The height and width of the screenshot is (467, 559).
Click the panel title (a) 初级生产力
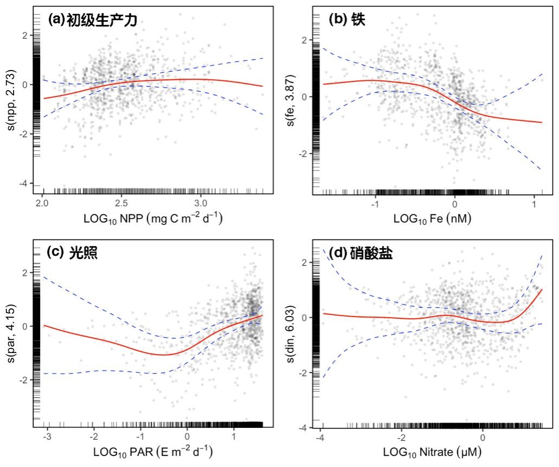tap(92, 21)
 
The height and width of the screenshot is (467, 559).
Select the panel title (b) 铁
tap(347, 20)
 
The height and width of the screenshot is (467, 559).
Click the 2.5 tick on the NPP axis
tap(121, 202)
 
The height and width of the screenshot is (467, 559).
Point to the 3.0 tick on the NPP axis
tap(200, 202)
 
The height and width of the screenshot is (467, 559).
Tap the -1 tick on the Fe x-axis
tap(374, 202)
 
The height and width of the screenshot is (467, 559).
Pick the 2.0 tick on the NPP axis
tap(42, 202)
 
